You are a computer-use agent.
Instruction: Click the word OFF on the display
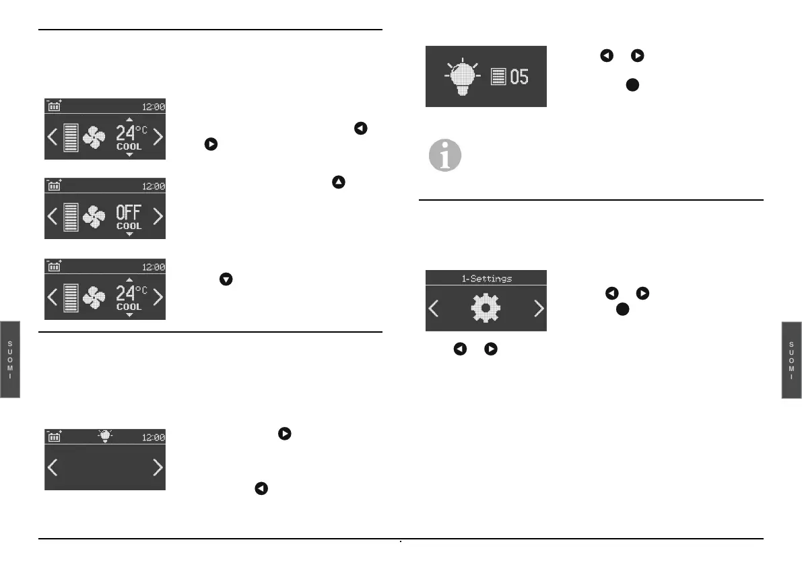128,213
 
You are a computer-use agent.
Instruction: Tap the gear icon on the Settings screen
486,308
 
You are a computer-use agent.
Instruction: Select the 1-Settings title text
486,277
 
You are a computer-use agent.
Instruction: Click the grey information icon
445,156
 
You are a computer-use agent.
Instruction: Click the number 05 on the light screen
519,76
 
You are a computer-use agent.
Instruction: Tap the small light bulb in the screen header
105,436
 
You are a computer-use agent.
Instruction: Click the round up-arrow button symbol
338,181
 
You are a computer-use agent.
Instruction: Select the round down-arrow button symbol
226,278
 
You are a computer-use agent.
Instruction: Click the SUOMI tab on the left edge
10,360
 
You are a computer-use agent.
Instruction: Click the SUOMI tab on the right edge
792,360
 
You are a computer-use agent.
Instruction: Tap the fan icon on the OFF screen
94,216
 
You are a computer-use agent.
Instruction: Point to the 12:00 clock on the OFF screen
154,186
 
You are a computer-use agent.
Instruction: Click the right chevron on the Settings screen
538,308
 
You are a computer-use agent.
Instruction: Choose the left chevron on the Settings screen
434,308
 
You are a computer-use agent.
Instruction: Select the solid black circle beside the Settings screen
623,309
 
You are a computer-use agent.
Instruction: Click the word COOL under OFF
128,226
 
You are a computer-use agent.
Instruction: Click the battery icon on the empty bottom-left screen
54,436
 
